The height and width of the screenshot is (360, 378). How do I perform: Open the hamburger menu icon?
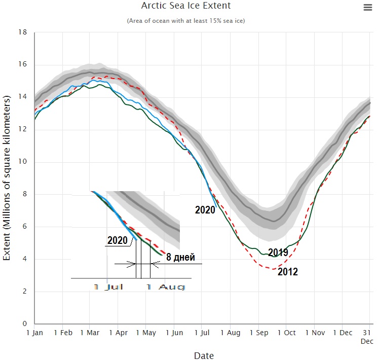(x=367, y=7)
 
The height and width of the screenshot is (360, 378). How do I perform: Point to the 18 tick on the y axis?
(x=22, y=32)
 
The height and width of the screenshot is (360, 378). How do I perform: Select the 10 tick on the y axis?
(x=22, y=162)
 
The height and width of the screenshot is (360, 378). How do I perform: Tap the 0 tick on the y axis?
(x=24, y=324)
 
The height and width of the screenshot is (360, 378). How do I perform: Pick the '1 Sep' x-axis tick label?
(x=258, y=333)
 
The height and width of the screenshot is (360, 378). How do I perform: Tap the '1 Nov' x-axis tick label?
(x=314, y=333)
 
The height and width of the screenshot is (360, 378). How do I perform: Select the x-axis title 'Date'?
(x=204, y=355)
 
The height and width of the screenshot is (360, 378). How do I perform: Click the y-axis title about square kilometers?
(x=7, y=177)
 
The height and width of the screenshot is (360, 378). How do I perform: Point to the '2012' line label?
(x=287, y=272)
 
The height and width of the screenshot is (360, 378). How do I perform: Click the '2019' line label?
(x=278, y=253)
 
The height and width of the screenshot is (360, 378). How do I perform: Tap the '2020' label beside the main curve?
(x=205, y=209)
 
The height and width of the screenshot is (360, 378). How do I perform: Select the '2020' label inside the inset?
(x=118, y=240)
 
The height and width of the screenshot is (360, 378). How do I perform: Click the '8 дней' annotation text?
(x=181, y=257)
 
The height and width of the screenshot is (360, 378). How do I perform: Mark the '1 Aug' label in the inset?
(x=165, y=287)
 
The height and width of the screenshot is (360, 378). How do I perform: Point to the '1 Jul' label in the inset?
(x=108, y=287)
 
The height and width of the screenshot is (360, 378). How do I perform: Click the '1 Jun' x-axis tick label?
(x=174, y=333)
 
